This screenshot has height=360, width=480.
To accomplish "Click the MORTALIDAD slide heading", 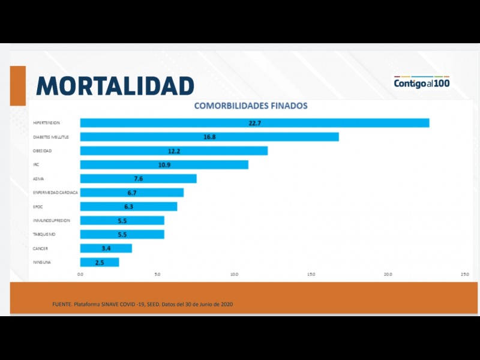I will (x=115, y=86).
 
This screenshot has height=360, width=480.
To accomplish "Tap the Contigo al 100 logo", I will (x=421, y=83).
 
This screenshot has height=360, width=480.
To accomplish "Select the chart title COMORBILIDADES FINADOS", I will (x=251, y=106).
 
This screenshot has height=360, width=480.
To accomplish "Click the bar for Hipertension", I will (x=254, y=123).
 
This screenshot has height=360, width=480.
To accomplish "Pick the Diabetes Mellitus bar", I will (x=209, y=137).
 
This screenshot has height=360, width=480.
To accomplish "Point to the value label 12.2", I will (x=174, y=151).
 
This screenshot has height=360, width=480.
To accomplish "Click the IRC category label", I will (x=36, y=164).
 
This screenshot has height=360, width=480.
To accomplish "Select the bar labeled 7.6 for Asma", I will (x=138, y=179).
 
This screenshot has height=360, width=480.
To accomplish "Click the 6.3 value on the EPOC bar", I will (x=128, y=206).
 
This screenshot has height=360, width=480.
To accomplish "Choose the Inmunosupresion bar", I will (x=122, y=220).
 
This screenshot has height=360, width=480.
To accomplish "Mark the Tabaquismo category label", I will (x=44, y=234).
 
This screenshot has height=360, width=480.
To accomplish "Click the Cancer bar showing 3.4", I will (x=106, y=248).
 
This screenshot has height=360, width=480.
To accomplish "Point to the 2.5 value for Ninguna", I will (x=100, y=262).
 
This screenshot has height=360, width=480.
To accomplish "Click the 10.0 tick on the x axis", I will (x=234, y=274).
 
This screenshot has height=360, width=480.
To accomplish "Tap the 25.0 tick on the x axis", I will (x=464, y=274).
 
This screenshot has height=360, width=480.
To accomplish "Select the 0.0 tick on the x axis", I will (x=80, y=274).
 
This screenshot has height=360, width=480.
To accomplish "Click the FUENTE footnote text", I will (x=143, y=304).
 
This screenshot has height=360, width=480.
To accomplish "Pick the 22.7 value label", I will (x=255, y=123).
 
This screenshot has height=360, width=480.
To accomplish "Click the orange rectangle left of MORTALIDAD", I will (x=18, y=85).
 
